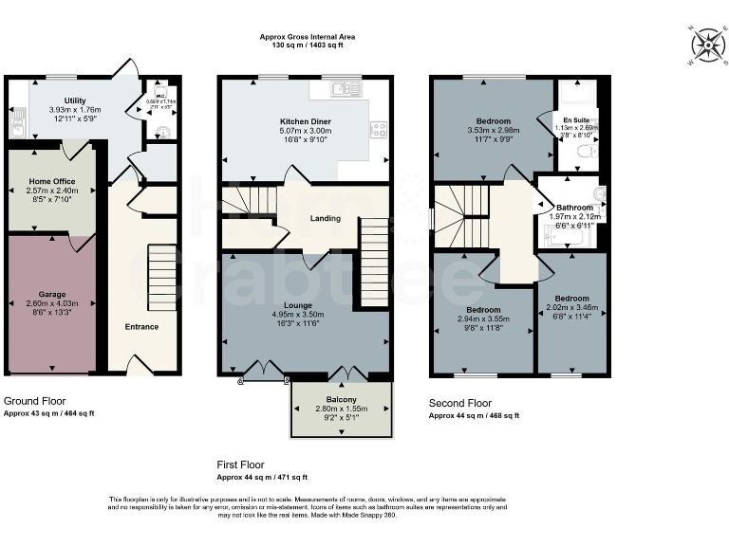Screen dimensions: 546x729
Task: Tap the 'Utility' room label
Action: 75,100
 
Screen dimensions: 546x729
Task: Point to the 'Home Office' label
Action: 51,181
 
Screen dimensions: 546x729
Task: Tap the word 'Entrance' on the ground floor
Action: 142,327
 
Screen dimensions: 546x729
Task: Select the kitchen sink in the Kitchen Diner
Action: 343,90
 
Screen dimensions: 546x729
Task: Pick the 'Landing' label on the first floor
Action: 326,219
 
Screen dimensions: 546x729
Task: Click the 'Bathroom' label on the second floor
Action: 574,207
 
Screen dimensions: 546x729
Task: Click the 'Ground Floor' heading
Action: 34,402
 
